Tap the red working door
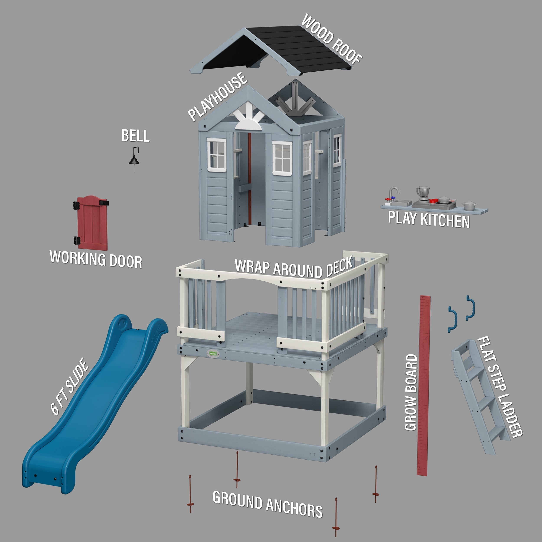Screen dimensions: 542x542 93,223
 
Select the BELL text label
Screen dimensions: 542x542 135,136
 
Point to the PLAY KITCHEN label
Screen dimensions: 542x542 429,220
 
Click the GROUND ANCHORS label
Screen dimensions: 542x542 267,504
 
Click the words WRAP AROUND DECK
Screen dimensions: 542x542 293,268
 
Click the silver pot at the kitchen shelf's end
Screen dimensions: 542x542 469,205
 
